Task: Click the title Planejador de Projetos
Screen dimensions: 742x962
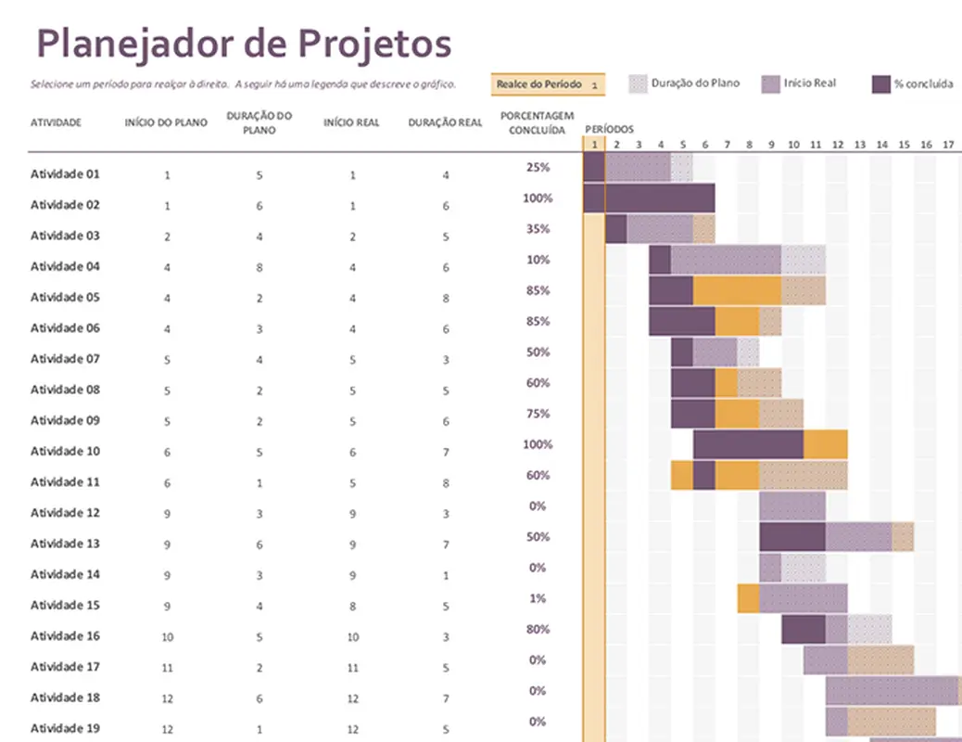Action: (243, 43)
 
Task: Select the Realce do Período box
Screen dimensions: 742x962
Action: (548, 84)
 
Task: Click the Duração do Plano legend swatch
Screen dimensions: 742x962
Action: (638, 84)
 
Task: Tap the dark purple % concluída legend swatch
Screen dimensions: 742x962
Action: (881, 84)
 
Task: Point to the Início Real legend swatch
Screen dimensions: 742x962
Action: (770, 84)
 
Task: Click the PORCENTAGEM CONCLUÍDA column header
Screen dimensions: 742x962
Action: (532, 122)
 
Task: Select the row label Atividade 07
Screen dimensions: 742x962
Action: (65, 359)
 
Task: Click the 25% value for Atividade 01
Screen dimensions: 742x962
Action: (538, 168)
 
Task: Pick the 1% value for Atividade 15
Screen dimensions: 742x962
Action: (538, 599)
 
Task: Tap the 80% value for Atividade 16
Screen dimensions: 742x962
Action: (538, 630)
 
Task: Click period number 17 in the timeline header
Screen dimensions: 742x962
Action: (947, 145)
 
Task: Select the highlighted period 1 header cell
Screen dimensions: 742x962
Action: (593, 145)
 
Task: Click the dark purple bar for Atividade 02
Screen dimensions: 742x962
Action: (650, 198)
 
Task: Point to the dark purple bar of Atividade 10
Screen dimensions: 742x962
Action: (748, 445)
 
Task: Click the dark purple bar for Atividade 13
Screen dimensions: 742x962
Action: (792, 537)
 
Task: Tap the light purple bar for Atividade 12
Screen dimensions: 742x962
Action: (792, 506)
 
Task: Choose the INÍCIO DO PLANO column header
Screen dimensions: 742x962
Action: (166, 122)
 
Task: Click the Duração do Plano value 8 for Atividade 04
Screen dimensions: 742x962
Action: (259, 267)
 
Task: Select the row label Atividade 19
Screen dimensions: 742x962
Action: (65, 728)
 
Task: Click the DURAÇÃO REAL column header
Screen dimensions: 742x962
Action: (445, 122)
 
